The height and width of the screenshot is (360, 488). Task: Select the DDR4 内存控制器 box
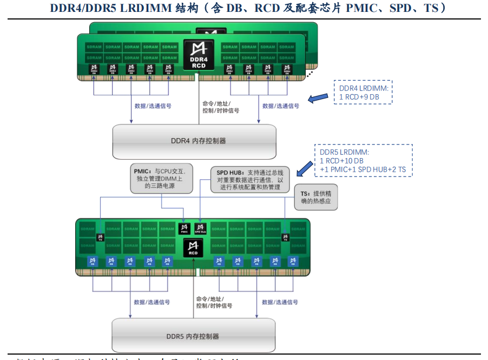[194, 141]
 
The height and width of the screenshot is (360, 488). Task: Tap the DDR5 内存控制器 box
[193, 336]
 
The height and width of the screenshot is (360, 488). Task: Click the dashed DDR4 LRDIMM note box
[362, 92]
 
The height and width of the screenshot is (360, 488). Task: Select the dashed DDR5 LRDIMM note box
[364, 160]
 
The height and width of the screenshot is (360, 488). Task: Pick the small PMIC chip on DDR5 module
[184, 228]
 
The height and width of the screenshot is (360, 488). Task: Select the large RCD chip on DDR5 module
[194, 248]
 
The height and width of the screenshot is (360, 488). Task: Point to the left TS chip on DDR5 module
[100, 236]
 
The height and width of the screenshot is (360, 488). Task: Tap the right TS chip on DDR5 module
[285, 236]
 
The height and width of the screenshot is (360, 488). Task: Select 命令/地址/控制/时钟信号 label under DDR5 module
[214, 302]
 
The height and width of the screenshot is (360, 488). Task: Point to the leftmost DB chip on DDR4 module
[94, 69]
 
